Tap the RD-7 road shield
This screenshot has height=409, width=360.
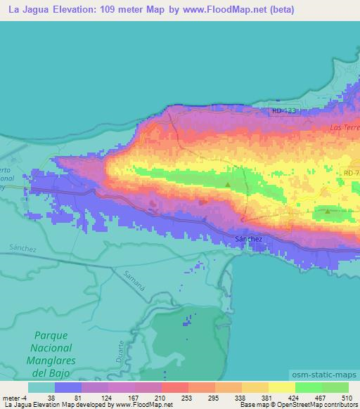coord(351,172)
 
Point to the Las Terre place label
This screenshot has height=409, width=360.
coord(344,128)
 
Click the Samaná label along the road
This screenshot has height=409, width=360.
coord(134,278)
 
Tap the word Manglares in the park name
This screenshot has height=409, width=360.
coord(51,361)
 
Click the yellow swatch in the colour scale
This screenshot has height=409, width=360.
coord(281,387)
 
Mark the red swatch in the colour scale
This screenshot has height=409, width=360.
coord(174,387)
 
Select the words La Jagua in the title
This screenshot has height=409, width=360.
coord(30,11)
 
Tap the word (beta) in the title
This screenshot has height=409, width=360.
coord(279,11)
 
